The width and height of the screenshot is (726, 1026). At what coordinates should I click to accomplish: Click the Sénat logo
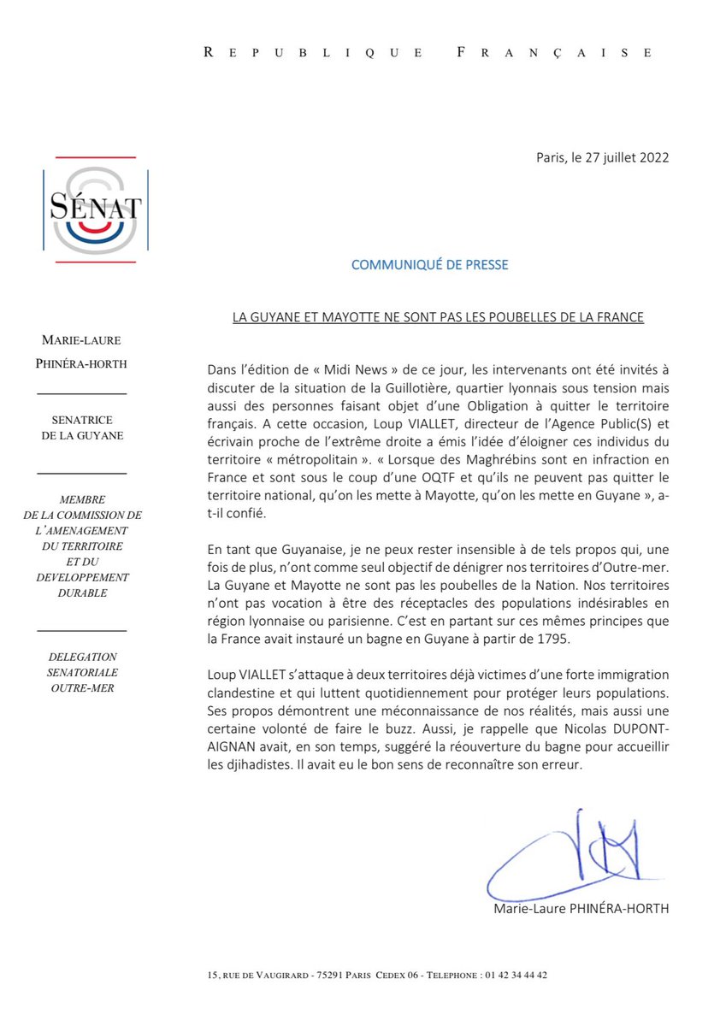[x=95, y=210]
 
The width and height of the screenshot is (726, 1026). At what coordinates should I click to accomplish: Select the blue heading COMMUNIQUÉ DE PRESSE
[x=429, y=264]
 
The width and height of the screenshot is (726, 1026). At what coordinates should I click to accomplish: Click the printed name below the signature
[x=581, y=909]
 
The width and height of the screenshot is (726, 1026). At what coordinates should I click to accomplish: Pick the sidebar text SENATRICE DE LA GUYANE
[x=83, y=427]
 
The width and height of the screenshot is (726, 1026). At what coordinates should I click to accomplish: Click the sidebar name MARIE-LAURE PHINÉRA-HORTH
[x=83, y=353]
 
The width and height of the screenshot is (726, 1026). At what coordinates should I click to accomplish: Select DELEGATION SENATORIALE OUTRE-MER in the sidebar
[x=83, y=672]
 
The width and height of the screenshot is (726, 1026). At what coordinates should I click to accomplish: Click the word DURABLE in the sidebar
[x=83, y=593]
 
